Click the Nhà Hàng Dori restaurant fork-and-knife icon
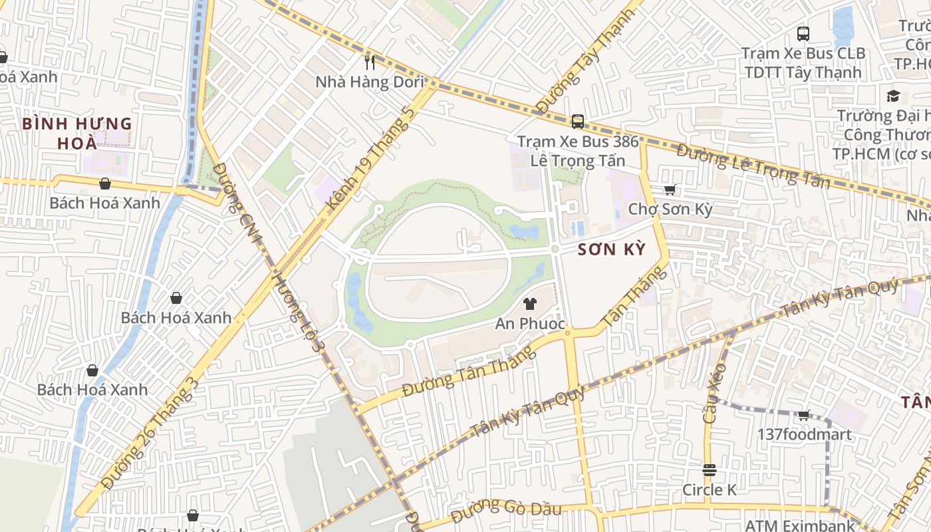point(370,63)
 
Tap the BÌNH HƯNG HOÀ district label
point(77,133)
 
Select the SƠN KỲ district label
point(611,249)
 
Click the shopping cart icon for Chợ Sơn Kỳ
point(670,190)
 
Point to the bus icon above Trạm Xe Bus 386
point(578,122)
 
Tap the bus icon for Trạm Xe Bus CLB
point(803,34)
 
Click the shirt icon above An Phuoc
point(529,305)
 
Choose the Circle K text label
point(710,490)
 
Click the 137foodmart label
point(804,435)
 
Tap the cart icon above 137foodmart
point(803,416)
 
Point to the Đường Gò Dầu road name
point(506,511)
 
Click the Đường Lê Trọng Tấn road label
point(753,166)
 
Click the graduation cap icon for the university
point(892,96)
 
